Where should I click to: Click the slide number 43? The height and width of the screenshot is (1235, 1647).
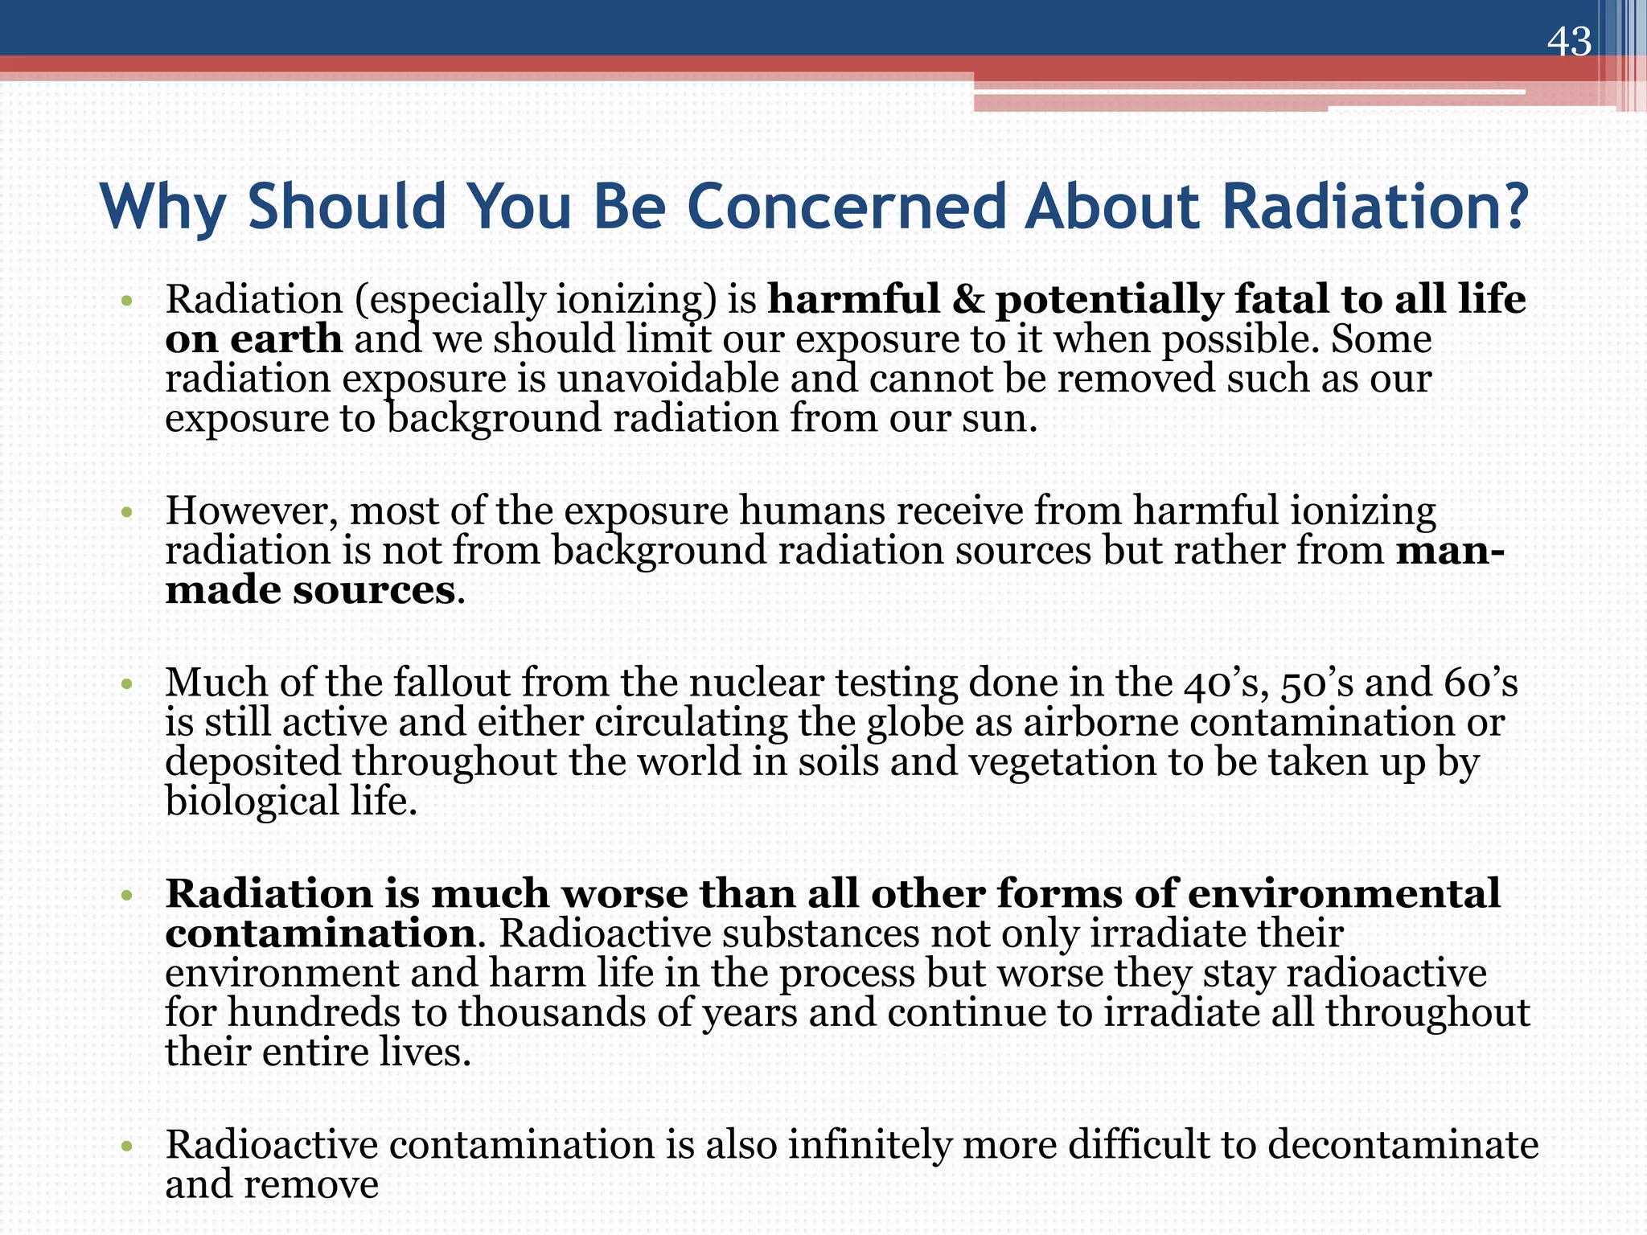click(x=1569, y=42)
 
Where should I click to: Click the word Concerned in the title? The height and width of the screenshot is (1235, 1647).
click(x=846, y=207)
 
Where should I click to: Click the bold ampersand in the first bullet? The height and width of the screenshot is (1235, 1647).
click(x=967, y=300)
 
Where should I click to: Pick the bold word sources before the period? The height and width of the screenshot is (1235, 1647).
click(x=374, y=591)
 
